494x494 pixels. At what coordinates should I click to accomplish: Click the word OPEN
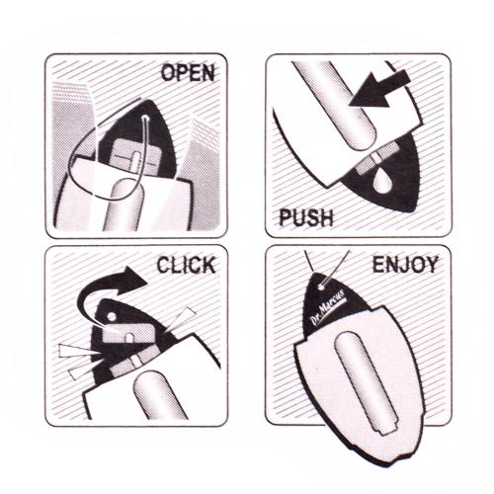(188, 73)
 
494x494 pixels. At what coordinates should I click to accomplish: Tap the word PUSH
(306, 217)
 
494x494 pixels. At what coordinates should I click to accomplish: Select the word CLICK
(186, 265)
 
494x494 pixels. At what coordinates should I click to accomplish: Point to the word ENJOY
(405, 264)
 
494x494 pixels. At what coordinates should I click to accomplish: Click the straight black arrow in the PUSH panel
(378, 90)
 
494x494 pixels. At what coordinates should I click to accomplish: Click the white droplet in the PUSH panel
(382, 181)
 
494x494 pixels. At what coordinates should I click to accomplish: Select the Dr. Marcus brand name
(328, 306)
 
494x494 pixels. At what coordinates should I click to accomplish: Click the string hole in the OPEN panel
(145, 118)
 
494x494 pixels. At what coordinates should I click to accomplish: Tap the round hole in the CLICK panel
(112, 317)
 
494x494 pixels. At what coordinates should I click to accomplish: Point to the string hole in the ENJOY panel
(322, 287)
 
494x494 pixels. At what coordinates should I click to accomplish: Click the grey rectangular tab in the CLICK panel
(128, 333)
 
